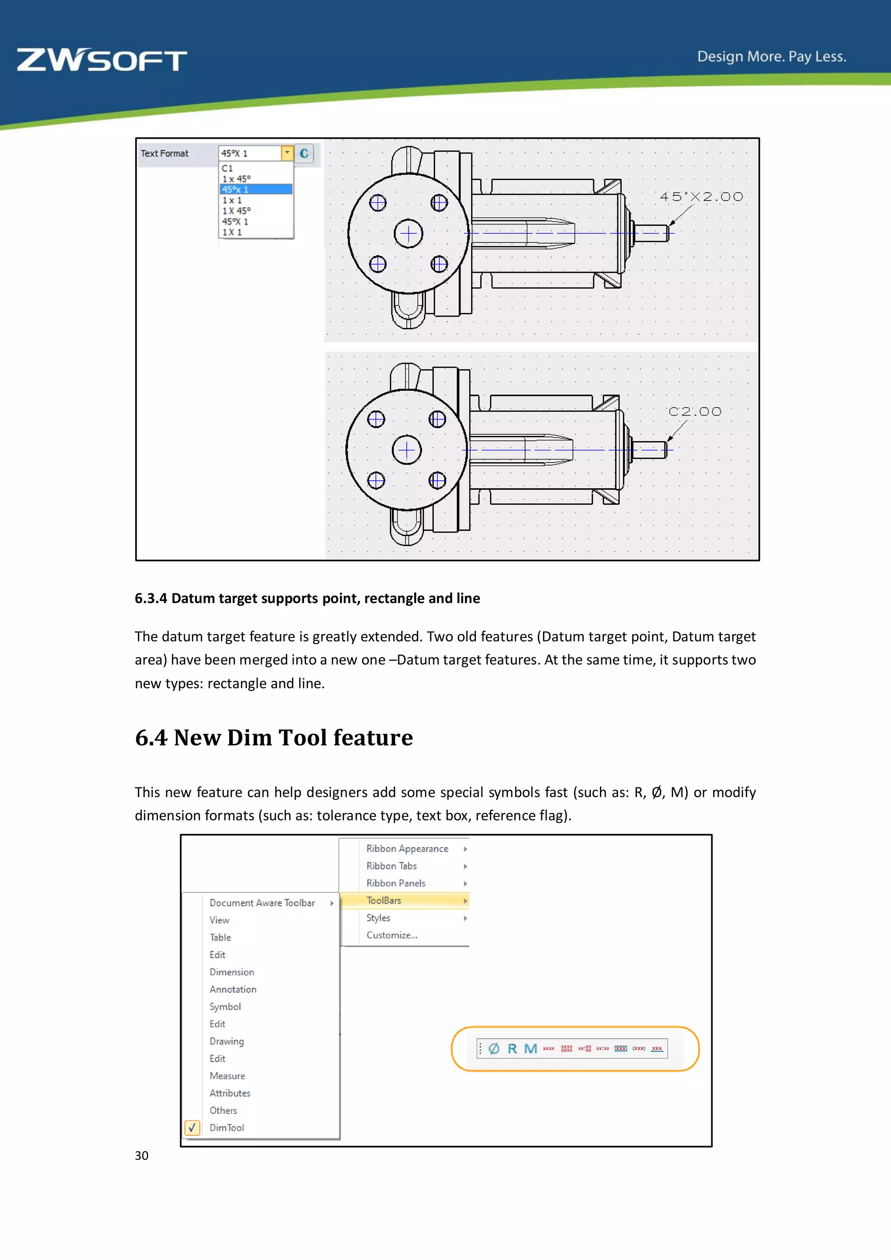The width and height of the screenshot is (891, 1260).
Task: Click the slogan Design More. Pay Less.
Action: tap(771, 57)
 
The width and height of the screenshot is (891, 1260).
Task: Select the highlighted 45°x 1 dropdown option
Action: tap(255, 189)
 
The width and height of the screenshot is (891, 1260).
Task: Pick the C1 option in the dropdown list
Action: tap(228, 168)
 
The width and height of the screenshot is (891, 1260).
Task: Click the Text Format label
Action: tap(164, 154)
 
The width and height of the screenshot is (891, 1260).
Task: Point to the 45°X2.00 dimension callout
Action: tap(701, 197)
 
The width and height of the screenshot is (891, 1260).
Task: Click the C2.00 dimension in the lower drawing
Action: tap(695, 412)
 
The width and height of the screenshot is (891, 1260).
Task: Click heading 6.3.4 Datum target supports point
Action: tap(307, 598)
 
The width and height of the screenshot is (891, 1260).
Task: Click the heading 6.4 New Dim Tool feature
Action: tap(274, 737)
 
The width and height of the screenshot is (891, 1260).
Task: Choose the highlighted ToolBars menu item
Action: tap(384, 901)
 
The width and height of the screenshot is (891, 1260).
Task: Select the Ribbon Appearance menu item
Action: tap(407, 849)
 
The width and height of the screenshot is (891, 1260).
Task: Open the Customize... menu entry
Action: tap(392, 935)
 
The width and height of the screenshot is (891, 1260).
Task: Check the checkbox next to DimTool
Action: tap(192, 1128)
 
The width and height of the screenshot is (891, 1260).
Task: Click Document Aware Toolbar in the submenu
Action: tap(262, 903)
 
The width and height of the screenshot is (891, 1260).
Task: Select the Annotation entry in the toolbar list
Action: tap(233, 989)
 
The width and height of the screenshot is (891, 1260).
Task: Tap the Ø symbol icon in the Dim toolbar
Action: tap(494, 1049)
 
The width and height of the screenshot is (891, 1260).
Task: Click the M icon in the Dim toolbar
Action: tap(530, 1049)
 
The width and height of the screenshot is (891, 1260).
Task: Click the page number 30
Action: tap(141, 1156)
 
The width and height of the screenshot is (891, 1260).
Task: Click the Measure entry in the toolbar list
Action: tap(227, 1076)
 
